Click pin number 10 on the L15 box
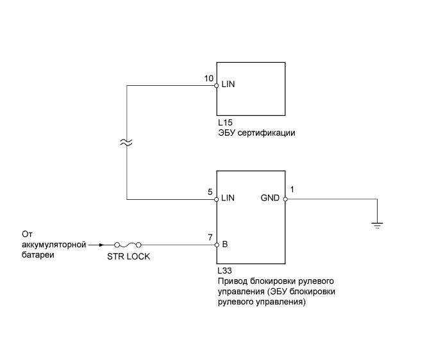click(x=209, y=78)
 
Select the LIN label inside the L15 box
click(x=228, y=84)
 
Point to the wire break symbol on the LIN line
click(x=127, y=144)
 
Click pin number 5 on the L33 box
click(x=210, y=191)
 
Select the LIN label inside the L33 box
click(x=228, y=198)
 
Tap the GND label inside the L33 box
click(x=270, y=198)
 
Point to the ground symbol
click(x=378, y=225)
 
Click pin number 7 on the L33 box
click(x=210, y=237)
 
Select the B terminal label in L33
click(x=224, y=244)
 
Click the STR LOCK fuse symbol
click(x=127, y=244)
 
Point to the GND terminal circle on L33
click(x=285, y=199)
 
